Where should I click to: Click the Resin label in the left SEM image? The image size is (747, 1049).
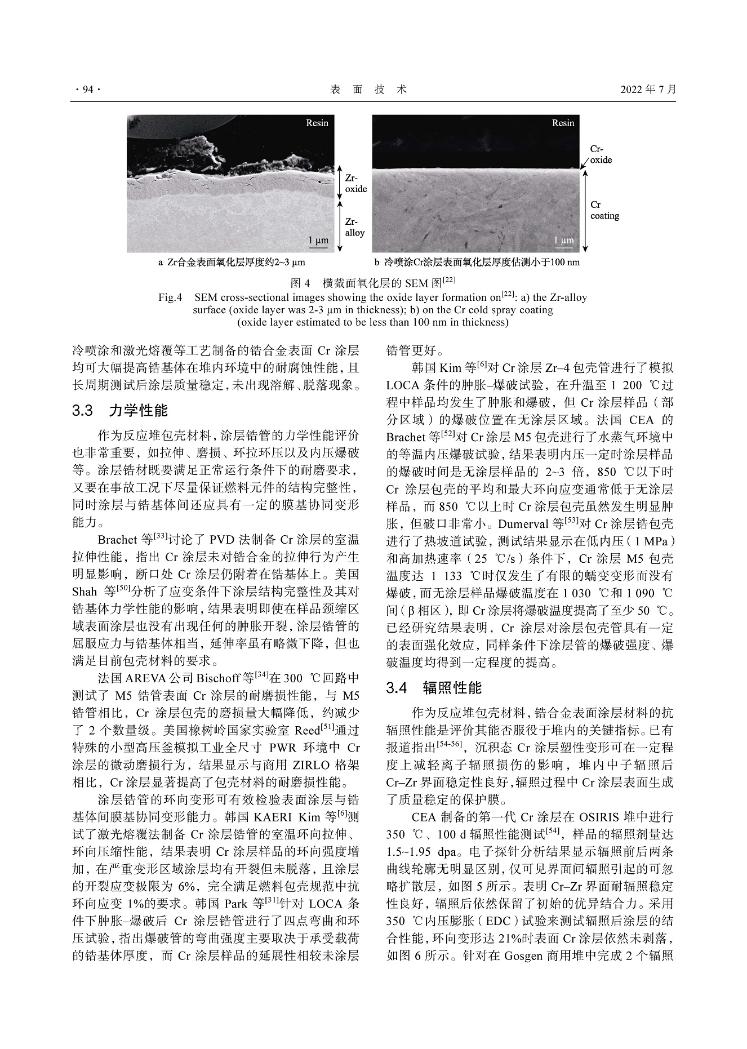pos(317,123)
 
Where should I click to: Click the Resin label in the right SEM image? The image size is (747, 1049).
pos(563,123)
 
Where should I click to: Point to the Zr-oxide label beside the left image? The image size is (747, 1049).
pos(355,183)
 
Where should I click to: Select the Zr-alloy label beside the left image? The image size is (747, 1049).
pos(355,227)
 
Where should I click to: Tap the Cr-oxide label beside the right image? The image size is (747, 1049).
pos(601,154)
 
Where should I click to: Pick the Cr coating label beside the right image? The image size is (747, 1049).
pos(604,210)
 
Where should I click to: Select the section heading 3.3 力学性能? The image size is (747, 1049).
pos(120,410)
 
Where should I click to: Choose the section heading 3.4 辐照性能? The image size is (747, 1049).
pos(434,687)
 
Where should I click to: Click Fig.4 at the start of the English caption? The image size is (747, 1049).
pos(171,297)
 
